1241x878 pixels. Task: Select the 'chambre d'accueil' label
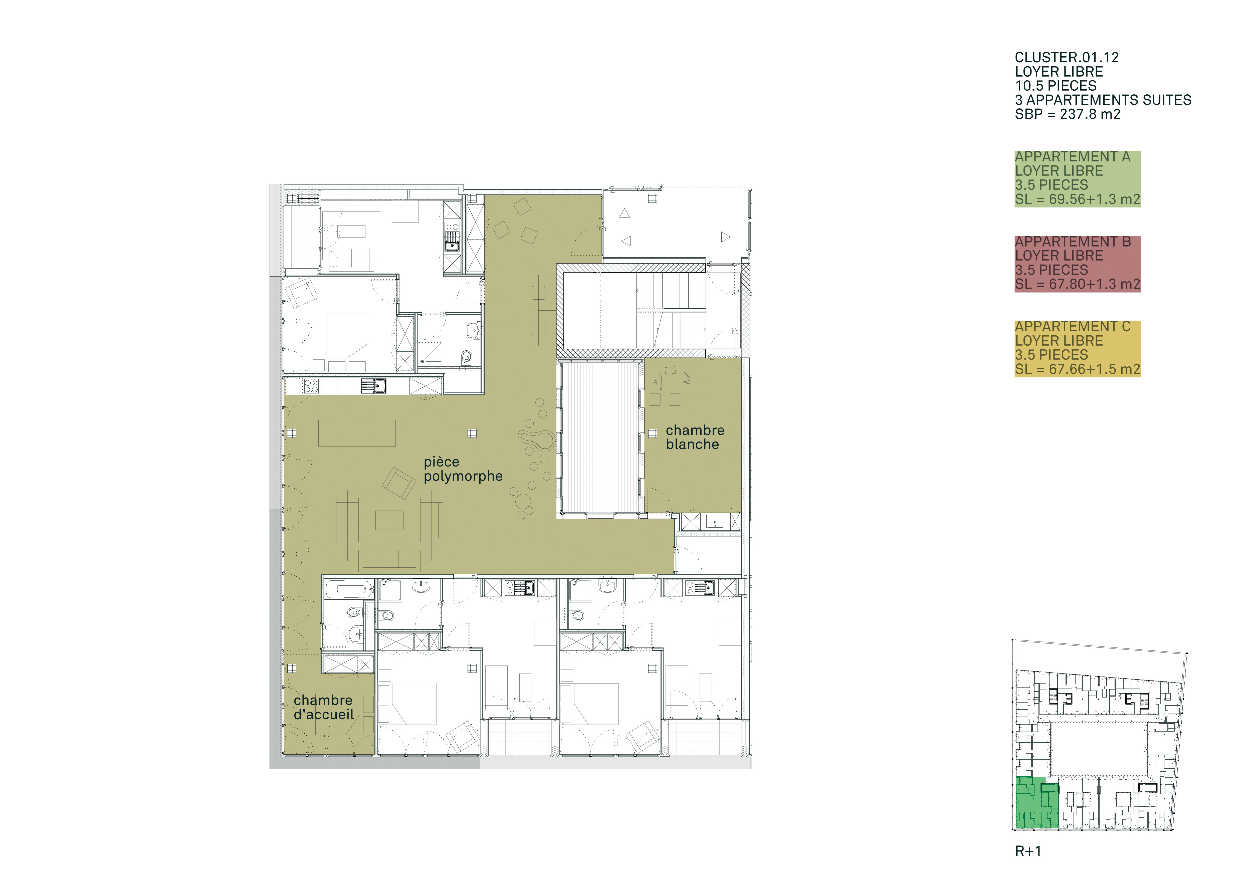323,707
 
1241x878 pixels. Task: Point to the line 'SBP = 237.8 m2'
1067,114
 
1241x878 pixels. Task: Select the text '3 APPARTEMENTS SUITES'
1103,100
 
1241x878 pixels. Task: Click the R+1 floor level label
1027,851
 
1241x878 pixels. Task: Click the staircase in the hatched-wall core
671,311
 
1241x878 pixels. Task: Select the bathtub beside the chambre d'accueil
349,589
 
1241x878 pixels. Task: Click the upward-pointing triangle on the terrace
625,213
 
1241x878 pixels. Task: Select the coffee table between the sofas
389,520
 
